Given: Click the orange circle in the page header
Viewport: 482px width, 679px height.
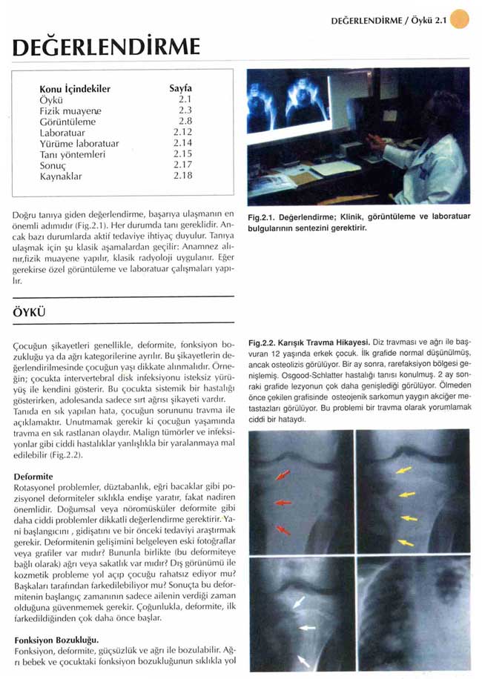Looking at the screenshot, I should coord(460,19).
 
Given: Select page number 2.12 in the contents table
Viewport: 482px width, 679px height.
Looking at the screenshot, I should coord(182,132).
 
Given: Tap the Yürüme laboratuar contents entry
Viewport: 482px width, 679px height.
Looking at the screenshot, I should coord(79,143).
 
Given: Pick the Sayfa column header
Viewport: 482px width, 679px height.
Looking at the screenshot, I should coord(181,88).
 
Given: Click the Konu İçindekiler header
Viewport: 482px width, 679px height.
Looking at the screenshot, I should coord(74,89).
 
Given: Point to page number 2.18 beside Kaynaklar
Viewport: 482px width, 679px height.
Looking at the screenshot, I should coord(182,176).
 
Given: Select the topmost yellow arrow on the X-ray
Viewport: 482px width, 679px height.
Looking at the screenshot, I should coord(404,470).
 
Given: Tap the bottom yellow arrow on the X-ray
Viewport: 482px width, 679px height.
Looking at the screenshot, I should coord(405,543).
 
